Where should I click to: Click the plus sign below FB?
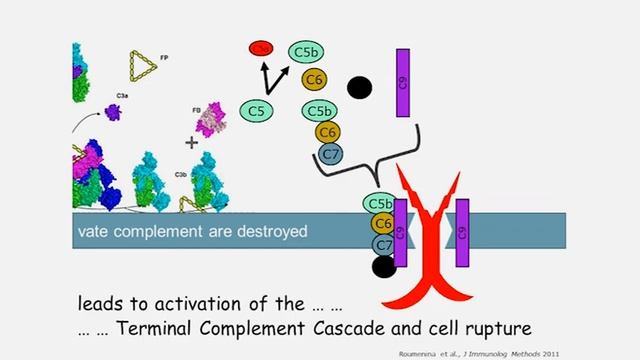click(192, 142)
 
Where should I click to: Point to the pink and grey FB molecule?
click(211, 121)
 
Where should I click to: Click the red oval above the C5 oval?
click(261, 47)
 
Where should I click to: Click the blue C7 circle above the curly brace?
click(332, 153)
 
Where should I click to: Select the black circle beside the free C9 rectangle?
click(360, 87)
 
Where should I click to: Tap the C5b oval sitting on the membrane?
click(379, 205)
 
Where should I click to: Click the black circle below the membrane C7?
click(383, 267)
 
